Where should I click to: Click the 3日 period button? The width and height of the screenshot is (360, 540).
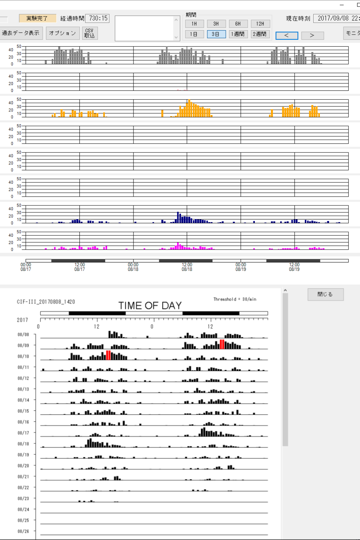pyautogui.click(x=216, y=34)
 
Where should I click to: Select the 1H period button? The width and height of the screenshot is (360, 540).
pyautogui.click(x=194, y=24)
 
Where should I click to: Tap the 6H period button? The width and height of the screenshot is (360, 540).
pyautogui.click(x=238, y=24)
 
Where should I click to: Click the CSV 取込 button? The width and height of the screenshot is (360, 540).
pyautogui.click(x=89, y=33)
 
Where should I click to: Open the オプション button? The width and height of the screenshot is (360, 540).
pyautogui.click(x=63, y=33)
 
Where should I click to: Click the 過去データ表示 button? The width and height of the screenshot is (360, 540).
pyautogui.click(x=21, y=33)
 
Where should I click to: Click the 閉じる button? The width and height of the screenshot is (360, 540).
pyautogui.click(x=325, y=294)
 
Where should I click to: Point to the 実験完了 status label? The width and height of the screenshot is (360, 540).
pyautogui.click(x=37, y=18)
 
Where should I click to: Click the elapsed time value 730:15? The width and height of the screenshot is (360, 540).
pyautogui.click(x=98, y=18)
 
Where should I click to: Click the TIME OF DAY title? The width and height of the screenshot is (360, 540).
pyautogui.click(x=150, y=305)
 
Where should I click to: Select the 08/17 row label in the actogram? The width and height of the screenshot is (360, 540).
pyautogui.click(x=23, y=433)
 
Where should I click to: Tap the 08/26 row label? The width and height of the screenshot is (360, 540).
pyautogui.click(x=23, y=532)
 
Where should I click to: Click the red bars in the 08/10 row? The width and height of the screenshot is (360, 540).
pyautogui.click(x=108, y=355)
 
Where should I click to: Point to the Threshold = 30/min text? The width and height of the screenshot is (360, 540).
pyautogui.click(x=235, y=299)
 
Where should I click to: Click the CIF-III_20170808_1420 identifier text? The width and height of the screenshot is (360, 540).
pyautogui.click(x=46, y=302)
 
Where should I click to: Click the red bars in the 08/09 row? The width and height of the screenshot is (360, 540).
pyautogui.click(x=222, y=344)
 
